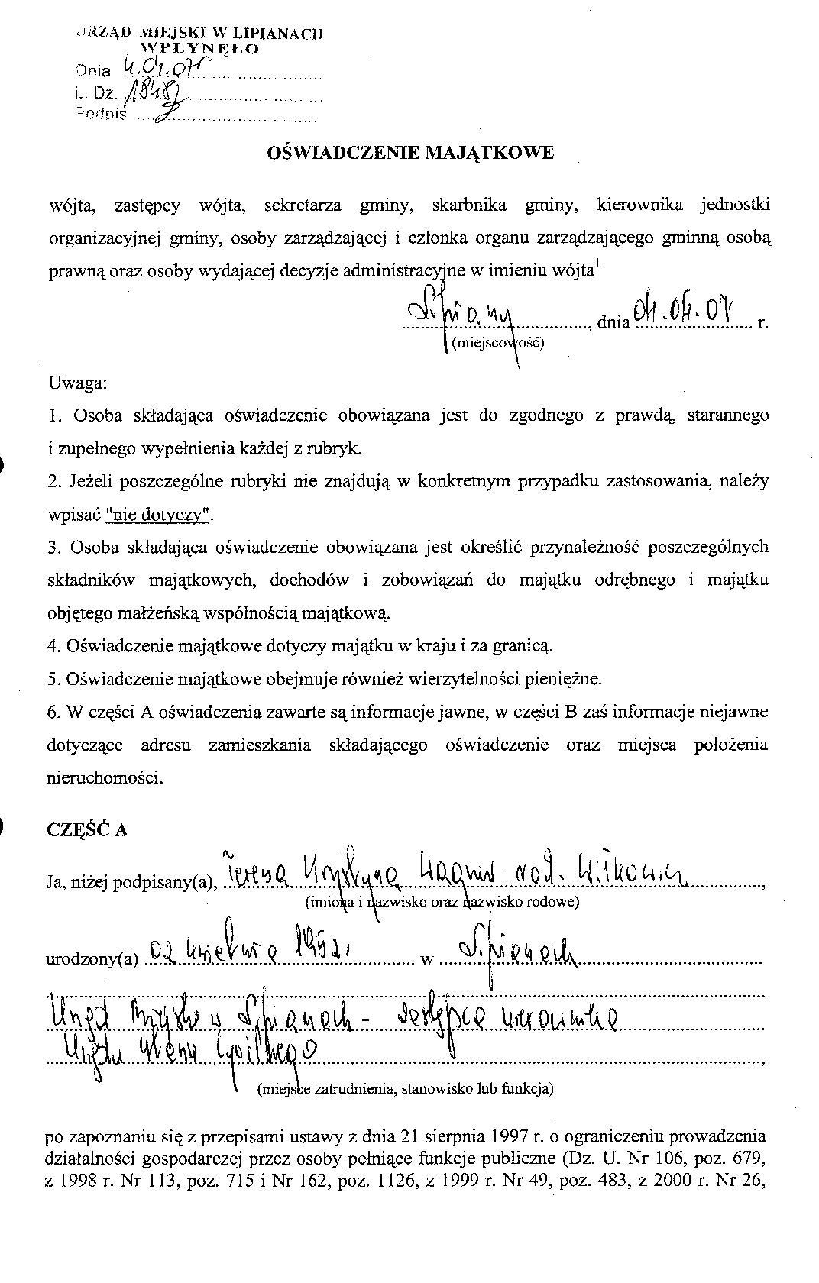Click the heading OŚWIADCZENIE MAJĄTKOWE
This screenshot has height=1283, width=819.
[409, 153]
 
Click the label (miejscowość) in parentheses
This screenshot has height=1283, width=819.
[497, 343]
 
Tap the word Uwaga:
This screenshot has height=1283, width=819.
[77, 383]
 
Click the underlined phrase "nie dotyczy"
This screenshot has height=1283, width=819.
[160, 515]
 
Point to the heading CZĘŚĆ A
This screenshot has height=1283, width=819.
[87, 830]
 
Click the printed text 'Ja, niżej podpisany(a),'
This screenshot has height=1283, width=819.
[133, 883]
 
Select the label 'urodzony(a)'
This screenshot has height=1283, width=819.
[92, 958]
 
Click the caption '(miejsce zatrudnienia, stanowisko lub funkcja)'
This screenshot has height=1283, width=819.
[406, 1088]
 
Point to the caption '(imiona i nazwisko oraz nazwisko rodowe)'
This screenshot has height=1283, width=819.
[442, 902]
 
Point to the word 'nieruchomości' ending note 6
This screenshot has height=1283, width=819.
[105, 778]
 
